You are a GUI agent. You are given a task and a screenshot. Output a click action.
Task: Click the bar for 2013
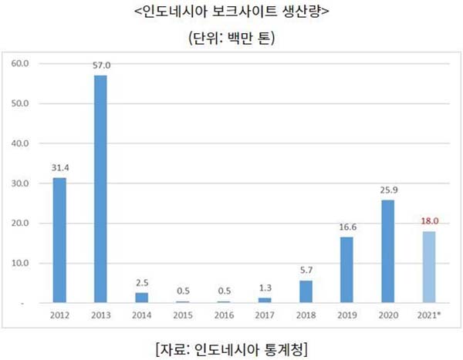(100, 189)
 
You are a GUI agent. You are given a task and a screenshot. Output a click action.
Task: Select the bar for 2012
(59, 241)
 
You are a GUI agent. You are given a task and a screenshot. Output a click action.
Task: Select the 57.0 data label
(100, 65)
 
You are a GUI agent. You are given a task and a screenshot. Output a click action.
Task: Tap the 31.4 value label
(59, 167)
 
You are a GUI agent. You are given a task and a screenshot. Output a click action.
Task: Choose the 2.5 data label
(142, 282)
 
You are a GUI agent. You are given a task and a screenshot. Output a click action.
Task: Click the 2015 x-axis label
(184, 316)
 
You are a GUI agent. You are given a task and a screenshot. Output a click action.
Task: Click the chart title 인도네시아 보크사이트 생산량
(231, 14)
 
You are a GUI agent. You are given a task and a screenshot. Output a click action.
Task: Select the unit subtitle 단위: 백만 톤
(231, 39)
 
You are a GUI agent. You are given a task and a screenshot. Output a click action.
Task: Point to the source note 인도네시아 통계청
(231, 345)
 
